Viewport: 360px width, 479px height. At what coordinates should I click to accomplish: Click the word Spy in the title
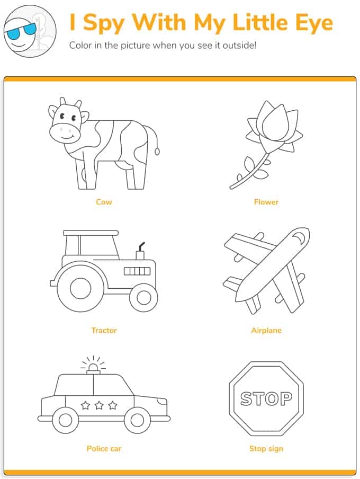tap(104, 23)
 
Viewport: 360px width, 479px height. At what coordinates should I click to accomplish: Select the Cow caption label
tap(104, 202)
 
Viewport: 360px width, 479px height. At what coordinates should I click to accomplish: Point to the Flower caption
tap(266, 202)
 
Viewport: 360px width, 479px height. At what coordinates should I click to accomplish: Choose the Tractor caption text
tap(104, 330)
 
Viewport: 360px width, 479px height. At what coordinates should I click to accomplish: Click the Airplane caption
tap(266, 330)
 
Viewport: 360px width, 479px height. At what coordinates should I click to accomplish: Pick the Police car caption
tap(104, 448)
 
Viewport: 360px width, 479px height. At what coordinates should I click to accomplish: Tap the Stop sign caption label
tap(266, 448)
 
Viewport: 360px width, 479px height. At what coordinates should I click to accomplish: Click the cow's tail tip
tap(157, 152)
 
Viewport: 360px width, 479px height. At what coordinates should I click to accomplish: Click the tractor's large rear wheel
tap(80, 288)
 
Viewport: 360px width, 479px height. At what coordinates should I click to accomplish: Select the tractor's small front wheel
tap(144, 297)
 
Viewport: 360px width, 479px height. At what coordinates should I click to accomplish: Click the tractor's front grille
tap(137, 271)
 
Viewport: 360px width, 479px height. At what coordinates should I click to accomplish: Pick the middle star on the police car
tap(99, 405)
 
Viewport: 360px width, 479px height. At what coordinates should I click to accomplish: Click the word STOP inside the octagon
tap(266, 398)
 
